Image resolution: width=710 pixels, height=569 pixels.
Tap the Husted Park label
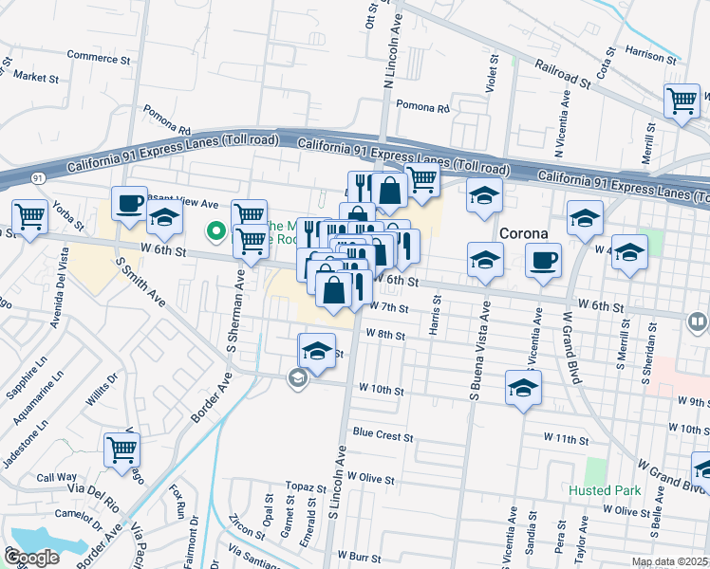click(605, 490)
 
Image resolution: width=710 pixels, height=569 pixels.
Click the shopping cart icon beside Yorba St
click(29, 216)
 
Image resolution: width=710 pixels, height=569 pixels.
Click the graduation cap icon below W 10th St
click(522, 389)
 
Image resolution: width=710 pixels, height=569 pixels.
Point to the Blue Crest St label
click(383, 435)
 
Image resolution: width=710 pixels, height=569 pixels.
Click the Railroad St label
click(561, 77)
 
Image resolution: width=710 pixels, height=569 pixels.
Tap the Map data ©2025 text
click(668, 561)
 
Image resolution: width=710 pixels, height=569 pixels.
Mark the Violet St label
click(494, 70)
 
